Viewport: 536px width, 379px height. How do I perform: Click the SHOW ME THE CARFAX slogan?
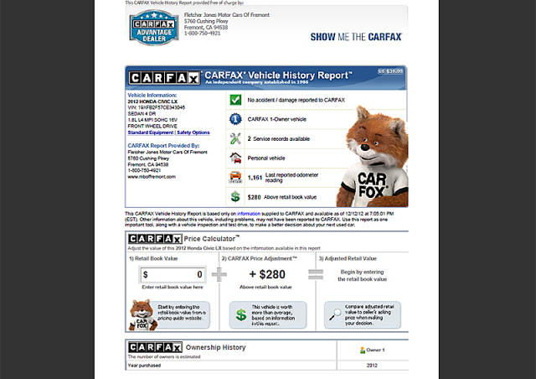tap(356, 37)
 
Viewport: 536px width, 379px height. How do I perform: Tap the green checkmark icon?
tap(235, 100)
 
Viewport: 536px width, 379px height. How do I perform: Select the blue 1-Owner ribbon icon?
tap(235, 119)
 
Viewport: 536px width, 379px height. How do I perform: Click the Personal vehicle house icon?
tap(235, 157)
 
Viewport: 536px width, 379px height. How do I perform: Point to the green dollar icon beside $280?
tap(235, 195)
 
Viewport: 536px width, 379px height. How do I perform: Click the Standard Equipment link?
tap(150, 132)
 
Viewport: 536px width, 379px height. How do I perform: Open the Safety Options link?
tap(193, 132)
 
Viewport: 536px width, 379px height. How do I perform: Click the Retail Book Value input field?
tap(173, 274)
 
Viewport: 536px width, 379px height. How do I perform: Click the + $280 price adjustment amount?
tap(267, 274)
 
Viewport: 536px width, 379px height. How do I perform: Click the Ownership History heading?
tap(215, 347)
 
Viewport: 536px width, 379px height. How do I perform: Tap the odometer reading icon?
tap(235, 176)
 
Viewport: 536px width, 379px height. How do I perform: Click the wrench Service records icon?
tap(235, 138)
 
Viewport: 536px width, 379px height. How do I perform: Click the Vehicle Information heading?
tap(152, 96)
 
